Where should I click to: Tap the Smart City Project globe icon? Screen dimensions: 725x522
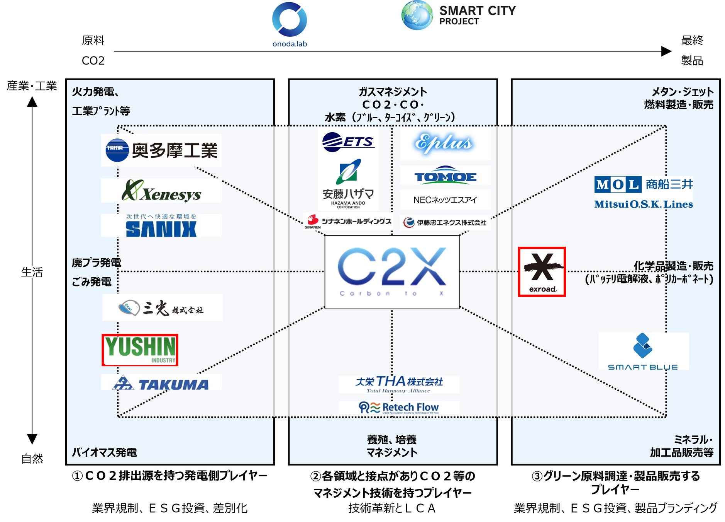pos(417,15)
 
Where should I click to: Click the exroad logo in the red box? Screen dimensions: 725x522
pos(542,272)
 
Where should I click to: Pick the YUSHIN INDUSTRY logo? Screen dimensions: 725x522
pos(140,350)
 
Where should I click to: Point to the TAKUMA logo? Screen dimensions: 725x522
pos(161,383)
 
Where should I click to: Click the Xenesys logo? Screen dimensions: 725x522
pos(161,191)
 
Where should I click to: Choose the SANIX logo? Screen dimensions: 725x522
pos(161,226)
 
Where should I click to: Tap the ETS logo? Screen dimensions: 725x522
pos(348,142)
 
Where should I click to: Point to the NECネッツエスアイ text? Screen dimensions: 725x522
pos(445,200)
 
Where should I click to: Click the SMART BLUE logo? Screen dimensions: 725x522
pos(643,351)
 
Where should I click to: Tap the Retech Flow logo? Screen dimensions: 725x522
pos(399,408)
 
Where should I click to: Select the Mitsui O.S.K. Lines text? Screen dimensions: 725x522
pos(644,204)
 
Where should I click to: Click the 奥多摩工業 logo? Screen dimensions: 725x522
pos(161,150)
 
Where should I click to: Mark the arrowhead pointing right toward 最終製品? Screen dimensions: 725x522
pos(666,51)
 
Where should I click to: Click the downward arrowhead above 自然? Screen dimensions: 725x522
pos(32,439)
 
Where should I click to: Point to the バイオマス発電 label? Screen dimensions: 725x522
pos(104,452)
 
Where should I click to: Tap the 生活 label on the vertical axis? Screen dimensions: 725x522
pos(32,272)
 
